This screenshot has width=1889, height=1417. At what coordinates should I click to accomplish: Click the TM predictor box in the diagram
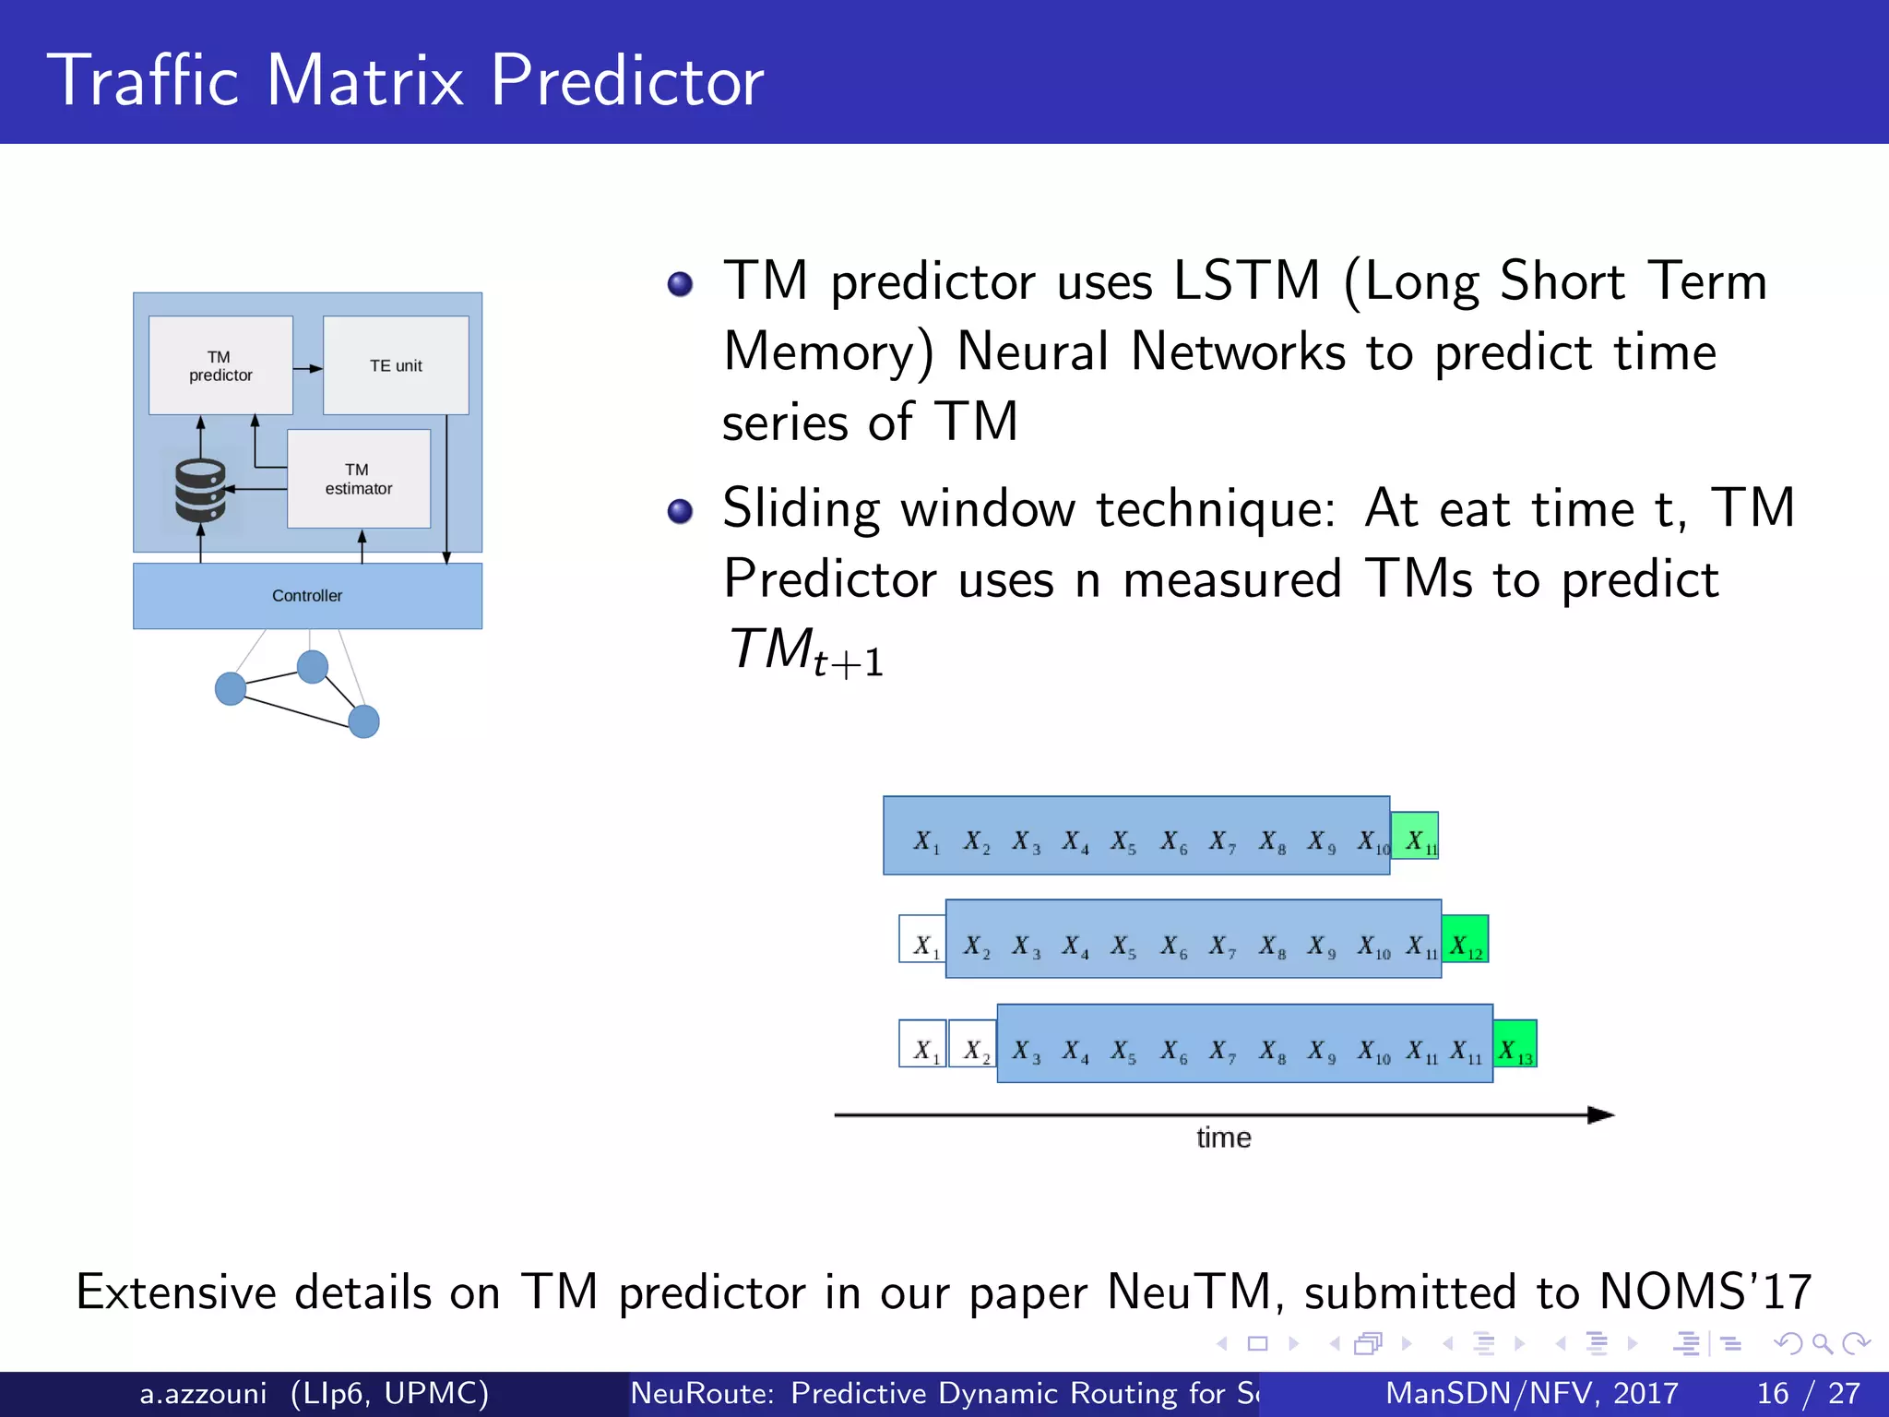220,365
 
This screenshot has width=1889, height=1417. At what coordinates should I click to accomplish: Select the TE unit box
396,365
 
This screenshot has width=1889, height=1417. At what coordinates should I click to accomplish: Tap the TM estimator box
359,479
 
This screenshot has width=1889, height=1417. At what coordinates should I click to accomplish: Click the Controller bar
307,596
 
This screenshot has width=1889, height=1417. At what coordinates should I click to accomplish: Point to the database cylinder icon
200,490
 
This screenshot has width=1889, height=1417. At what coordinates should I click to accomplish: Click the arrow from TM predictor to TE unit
308,368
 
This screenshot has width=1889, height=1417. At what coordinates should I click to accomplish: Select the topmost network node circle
313,666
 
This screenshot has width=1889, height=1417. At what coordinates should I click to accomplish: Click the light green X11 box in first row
1415,836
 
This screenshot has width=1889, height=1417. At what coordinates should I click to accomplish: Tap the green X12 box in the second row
1466,939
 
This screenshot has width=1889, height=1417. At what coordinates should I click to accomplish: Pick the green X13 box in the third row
1515,1043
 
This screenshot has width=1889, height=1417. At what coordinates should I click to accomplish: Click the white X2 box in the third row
973,1043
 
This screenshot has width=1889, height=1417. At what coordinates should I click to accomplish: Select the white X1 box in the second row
922,939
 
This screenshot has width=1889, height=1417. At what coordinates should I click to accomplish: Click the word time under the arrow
1223,1137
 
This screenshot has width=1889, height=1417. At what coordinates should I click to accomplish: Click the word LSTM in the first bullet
1246,280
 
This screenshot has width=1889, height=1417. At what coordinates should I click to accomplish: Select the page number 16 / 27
1808,1393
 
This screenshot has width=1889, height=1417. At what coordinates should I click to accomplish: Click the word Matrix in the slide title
365,81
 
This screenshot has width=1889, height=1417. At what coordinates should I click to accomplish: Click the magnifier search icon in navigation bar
1821,1343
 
